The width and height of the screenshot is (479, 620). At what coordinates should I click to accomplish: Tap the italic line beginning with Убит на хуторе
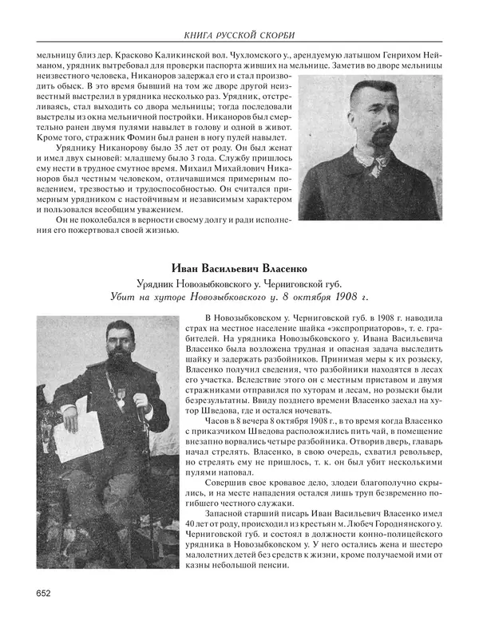coord(239,298)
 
